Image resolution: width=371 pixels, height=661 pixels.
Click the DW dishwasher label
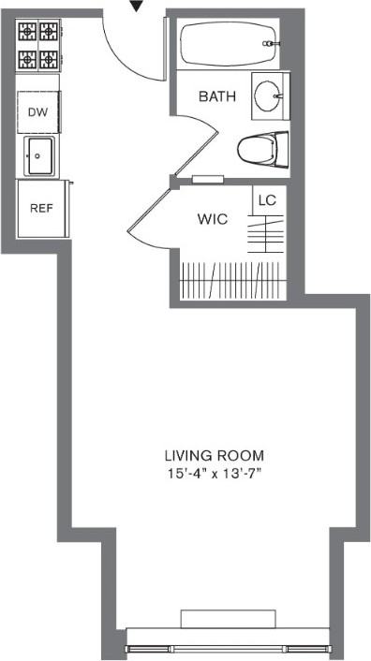pos(37,112)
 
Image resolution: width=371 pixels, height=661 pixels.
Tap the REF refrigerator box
pos(40,208)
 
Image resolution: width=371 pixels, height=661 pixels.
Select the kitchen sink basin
pos(39,154)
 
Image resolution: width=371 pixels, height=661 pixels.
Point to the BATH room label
pos(216,95)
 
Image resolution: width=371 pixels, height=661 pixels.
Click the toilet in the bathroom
pos(260,149)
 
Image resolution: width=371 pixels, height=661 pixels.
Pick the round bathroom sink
pos(271,95)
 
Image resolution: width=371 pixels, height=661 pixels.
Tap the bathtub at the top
pos(228,43)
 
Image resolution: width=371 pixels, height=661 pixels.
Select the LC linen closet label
pos(266,199)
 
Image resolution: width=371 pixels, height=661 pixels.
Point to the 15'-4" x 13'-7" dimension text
pos(212,473)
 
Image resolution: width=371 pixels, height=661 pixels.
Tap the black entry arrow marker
pos(137,6)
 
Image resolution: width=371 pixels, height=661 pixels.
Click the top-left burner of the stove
pos(27,31)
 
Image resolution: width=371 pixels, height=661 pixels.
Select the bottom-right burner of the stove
pos(48,60)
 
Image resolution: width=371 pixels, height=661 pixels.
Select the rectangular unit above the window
pos(228,619)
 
